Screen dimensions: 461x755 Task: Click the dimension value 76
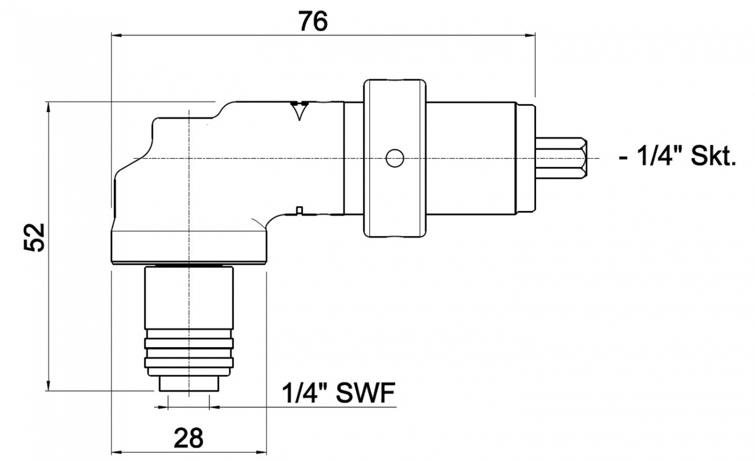pyautogui.click(x=313, y=22)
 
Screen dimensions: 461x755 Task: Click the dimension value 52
pyautogui.click(x=35, y=237)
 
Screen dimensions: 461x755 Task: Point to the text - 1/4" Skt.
pyautogui.click(x=677, y=158)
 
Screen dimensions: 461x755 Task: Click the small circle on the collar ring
pyautogui.click(x=395, y=158)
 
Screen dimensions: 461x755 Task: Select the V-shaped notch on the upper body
pyautogui.click(x=298, y=112)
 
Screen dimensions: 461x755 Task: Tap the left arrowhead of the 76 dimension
pyautogui.click(x=115, y=35)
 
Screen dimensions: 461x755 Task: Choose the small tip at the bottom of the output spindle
pyautogui.click(x=189, y=384)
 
